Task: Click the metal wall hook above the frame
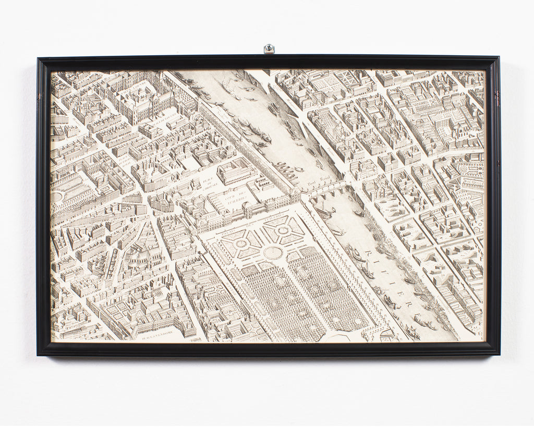[x=269, y=49]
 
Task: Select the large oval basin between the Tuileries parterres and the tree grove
[x=273, y=253]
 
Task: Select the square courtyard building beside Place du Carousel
[x=236, y=172]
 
